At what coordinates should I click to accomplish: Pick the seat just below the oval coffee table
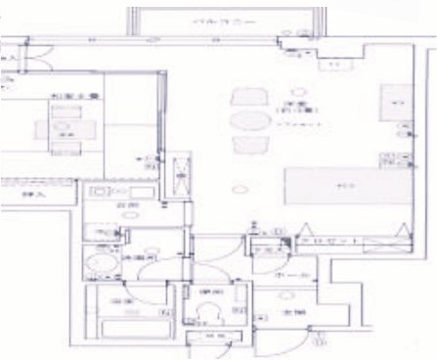click(x=245, y=147)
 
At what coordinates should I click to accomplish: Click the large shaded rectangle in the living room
click(x=343, y=184)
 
